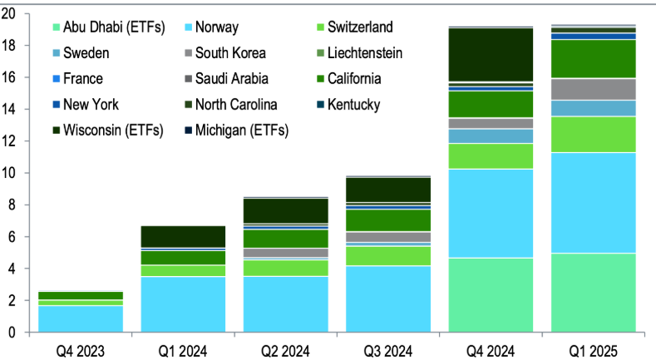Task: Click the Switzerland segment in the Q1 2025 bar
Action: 593,134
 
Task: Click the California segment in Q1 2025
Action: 593,58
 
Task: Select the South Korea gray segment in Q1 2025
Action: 593,89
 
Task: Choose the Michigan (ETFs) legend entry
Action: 228,130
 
